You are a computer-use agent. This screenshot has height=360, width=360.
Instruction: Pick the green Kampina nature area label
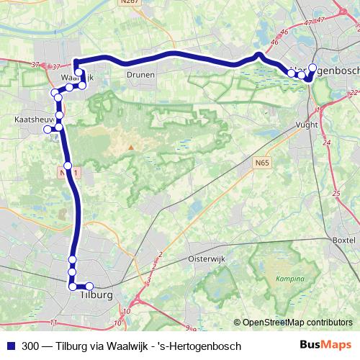tap(290, 277)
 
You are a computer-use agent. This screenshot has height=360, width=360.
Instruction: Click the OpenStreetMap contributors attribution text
tap(297, 323)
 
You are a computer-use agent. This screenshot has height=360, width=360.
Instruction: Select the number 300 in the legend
tap(31, 346)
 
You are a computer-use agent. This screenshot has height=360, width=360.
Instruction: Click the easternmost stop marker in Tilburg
tap(89, 287)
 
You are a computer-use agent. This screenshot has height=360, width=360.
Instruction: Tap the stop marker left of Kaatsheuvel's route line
tap(48, 130)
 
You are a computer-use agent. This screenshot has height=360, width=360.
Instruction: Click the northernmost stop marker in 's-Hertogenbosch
tap(312, 68)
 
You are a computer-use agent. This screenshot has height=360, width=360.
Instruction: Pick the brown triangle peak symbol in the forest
tap(131, 147)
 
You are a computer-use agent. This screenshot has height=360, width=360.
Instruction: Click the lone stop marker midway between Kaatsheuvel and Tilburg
tap(68, 165)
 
